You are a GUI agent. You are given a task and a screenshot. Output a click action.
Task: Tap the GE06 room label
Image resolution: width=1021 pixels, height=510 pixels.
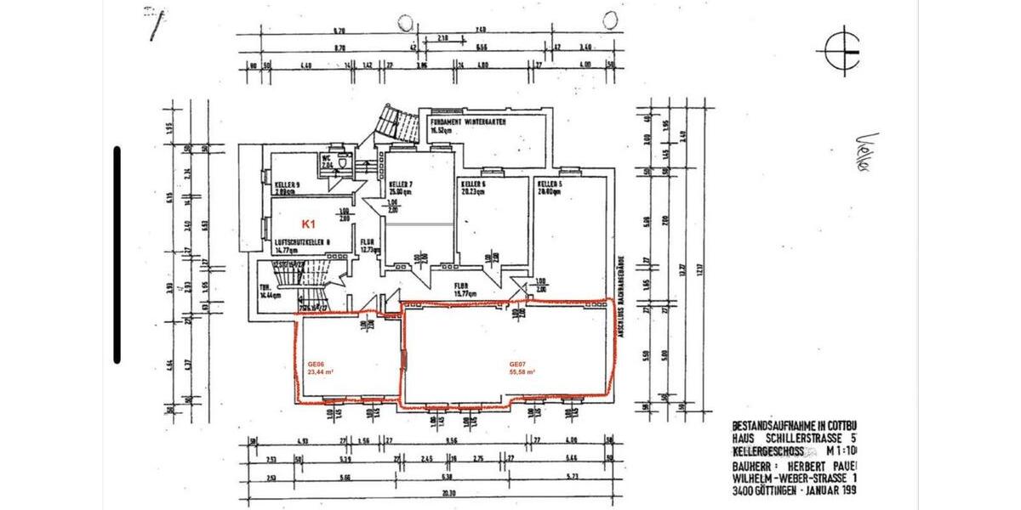317,365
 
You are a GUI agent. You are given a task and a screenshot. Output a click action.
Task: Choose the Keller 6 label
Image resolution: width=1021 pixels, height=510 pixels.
473,184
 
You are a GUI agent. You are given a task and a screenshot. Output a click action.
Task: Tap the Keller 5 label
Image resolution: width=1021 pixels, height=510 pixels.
550,184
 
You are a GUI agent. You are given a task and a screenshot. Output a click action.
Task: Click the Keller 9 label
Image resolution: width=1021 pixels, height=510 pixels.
287,184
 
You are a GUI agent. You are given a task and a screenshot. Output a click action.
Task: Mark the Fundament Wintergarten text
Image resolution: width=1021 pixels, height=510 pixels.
469,122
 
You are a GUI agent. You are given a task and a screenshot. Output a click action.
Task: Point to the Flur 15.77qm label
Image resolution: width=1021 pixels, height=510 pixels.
463,289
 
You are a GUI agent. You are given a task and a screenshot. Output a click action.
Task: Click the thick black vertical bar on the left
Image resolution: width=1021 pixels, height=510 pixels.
117,254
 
